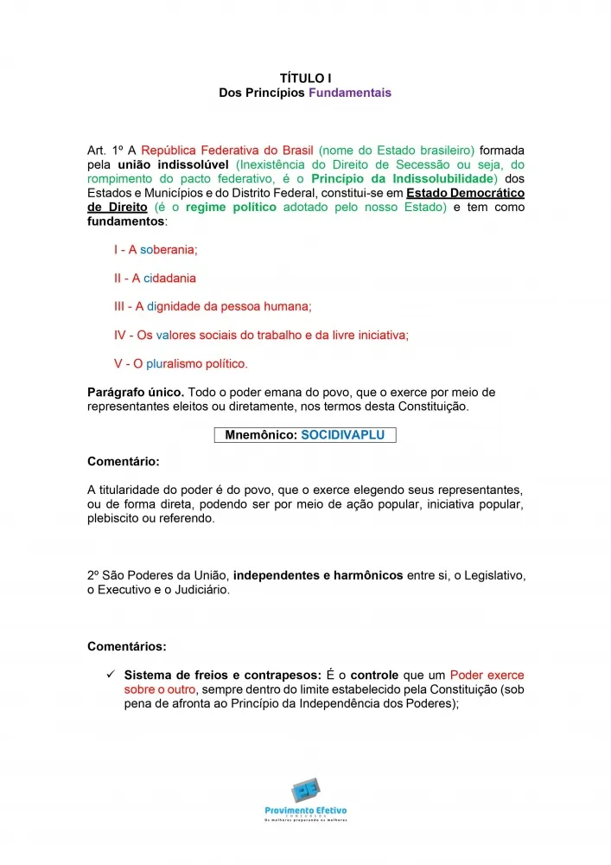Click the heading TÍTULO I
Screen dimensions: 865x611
tap(306, 78)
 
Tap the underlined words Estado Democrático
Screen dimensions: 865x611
tap(466, 193)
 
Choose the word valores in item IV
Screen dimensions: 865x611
tap(175, 335)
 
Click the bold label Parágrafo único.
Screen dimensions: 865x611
tap(136, 393)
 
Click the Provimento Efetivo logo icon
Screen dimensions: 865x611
tap(305, 791)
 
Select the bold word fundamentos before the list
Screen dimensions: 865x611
tap(126, 221)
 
